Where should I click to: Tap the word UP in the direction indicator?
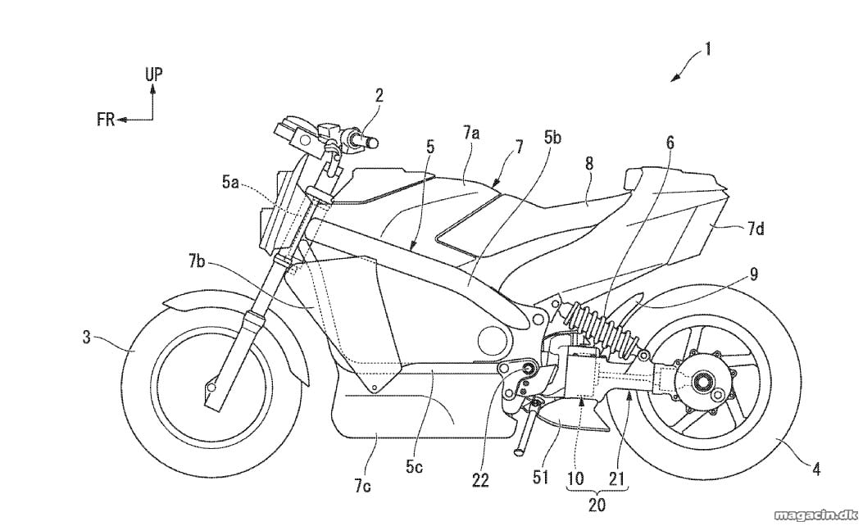point(154,75)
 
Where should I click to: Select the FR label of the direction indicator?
point(106,120)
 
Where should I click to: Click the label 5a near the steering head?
point(231,183)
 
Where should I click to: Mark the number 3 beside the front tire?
point(86,337)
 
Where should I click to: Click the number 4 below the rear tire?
point(816,469)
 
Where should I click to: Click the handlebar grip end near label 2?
point(373,143)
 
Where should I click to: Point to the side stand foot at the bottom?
point(519,451)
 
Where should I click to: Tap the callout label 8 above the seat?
point(589,163)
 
